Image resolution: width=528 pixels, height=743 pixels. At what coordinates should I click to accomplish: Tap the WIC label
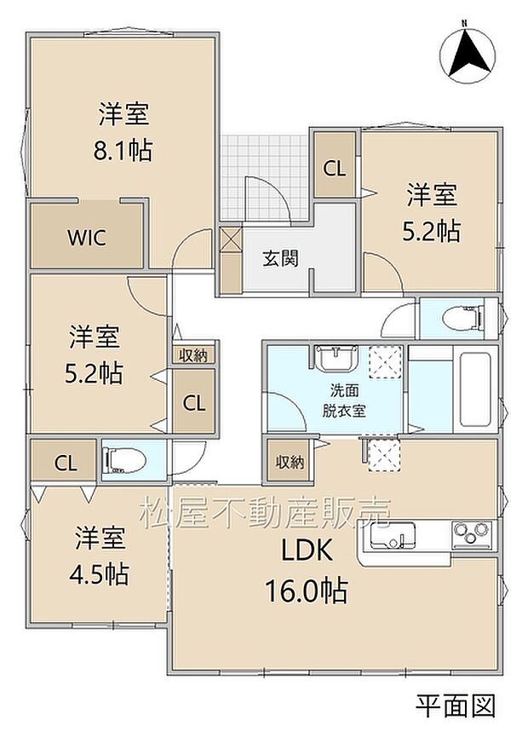click(87, 237)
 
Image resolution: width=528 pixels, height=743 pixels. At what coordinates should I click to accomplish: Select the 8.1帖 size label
click(123, 151)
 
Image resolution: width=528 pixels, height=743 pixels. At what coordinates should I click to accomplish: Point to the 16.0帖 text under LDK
click(307, 590)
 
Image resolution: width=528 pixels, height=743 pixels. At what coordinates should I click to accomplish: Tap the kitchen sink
click(393, 535)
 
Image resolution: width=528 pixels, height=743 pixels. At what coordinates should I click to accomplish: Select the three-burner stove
click(472, 533)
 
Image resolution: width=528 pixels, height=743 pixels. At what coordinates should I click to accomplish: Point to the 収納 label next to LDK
click(290, 462)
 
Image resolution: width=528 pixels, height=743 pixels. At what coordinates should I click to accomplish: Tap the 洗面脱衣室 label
click(344, 400)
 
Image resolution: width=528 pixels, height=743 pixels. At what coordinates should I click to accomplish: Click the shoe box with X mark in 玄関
click(232, 239)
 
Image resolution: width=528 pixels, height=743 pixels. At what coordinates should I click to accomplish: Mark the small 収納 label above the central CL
click(193, 355)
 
